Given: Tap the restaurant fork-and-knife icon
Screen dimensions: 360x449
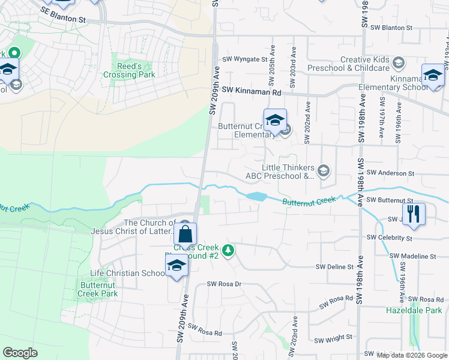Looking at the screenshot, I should [413, 214].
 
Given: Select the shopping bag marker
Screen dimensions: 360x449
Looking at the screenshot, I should [185, 233].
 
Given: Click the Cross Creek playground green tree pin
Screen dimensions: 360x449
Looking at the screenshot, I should [228, 250].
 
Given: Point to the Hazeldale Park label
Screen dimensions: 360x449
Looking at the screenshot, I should [414, 310].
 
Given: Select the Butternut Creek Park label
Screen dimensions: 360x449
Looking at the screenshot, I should [98, 289].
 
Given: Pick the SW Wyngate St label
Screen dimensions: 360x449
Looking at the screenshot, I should [244, 59].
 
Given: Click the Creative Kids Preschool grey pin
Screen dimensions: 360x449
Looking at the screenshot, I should [398, 62].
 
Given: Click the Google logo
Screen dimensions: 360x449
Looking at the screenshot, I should [20, 353].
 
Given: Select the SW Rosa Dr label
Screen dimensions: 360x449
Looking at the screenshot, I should [223, 284].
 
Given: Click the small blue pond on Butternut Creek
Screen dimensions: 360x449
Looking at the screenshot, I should [256, 196].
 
